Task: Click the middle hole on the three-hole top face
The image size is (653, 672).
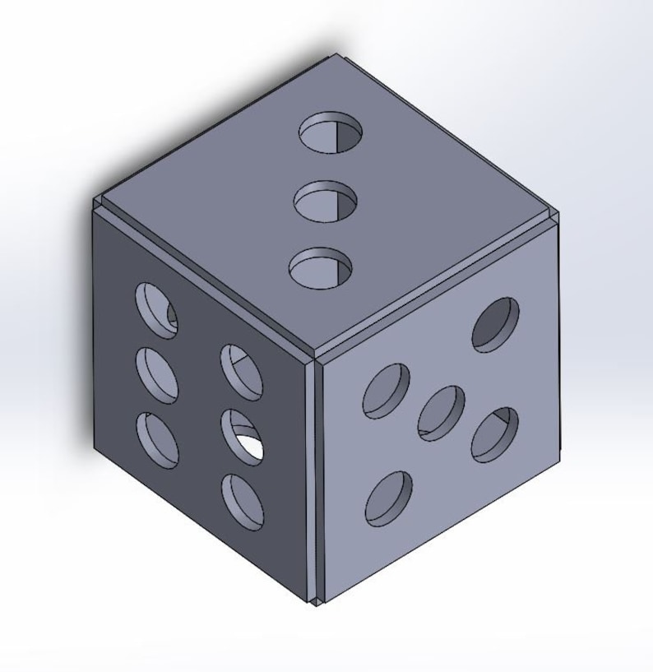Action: click(x=326, y=202)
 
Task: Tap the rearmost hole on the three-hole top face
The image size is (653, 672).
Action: click(x=331, y=134)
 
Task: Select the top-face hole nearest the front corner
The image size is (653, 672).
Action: click(x=321, y=268)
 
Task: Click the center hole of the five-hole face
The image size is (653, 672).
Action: click(x=441, y=412)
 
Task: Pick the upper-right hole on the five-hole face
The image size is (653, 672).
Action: click(x=496, y=325)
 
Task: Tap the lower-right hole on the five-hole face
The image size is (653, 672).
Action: click(x=495, y=433)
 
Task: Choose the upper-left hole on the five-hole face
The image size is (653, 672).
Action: click(x=387, y=390)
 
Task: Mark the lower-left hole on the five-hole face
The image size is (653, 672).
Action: click(x=388, y=498)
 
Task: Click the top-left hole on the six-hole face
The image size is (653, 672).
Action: click(x=156, y=310)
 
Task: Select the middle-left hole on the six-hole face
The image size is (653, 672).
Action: click(x=157, y=375)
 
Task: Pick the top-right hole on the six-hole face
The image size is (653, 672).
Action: click(x=242, y=372)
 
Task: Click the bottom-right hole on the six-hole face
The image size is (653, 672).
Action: click(x=243, y=501)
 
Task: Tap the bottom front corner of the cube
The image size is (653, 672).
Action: click(x=317, y=603)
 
